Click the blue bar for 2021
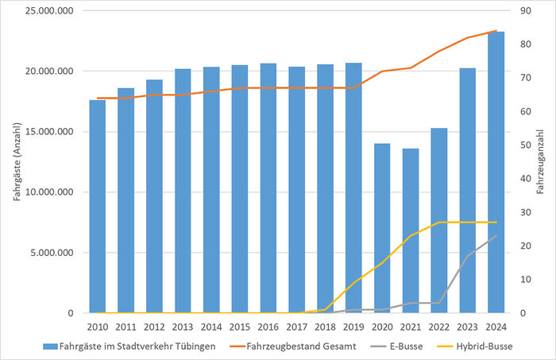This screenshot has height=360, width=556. point(410,230)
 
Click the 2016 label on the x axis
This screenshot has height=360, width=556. point(268,326)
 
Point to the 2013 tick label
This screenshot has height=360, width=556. point(183,326)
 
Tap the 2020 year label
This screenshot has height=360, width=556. point(382,326)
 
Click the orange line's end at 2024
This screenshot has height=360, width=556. point(496,31)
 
